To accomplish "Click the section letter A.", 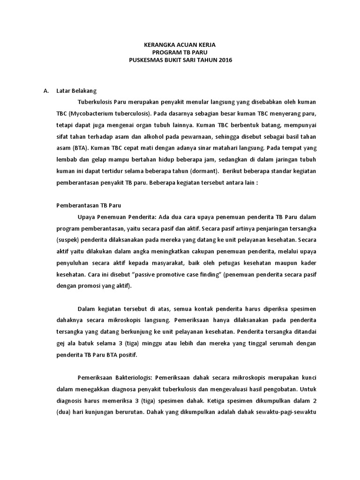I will [45, 90].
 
